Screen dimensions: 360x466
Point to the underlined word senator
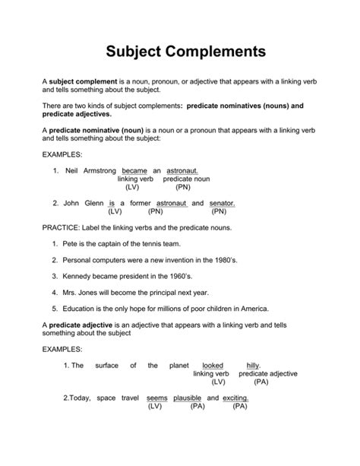coord(222,204)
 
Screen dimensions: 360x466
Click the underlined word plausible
coord(187,398)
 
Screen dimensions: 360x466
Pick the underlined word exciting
coord(235,398)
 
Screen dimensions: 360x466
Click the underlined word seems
coord(156,398)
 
